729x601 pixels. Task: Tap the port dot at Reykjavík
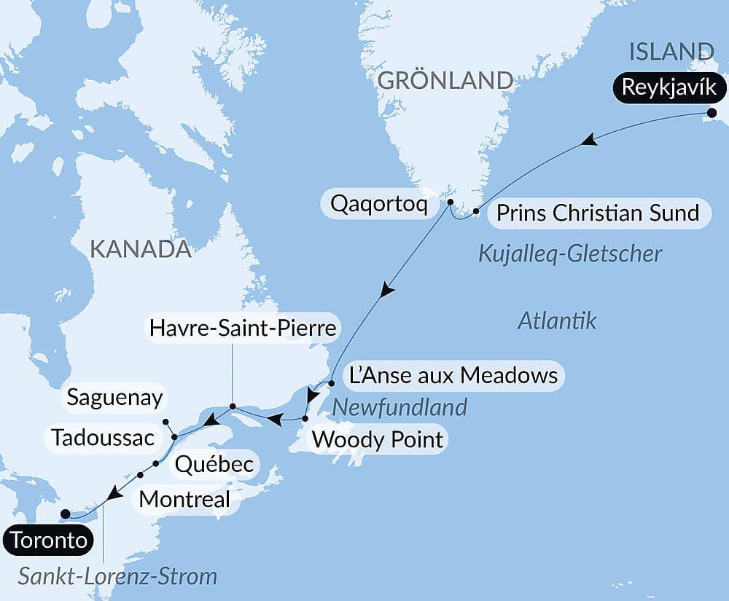tap(712, 112)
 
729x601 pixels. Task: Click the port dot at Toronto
tap(65, 514)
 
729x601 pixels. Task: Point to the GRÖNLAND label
tap(445, 80)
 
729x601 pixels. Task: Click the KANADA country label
tap(140, 249)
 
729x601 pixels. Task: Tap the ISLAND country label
tap(670, 52)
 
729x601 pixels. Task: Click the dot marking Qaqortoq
tap(450, 202)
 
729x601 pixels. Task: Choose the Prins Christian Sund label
tap(597, 213)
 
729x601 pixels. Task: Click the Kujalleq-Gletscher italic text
tap(570, 254)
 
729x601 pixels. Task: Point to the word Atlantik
tap(557, 320)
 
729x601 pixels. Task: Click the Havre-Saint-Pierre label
tap(242, 328)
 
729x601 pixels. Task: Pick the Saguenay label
tap(114, 398)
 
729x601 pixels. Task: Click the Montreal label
tap(184, 500)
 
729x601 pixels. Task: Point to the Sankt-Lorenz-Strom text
tap(118, 577)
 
